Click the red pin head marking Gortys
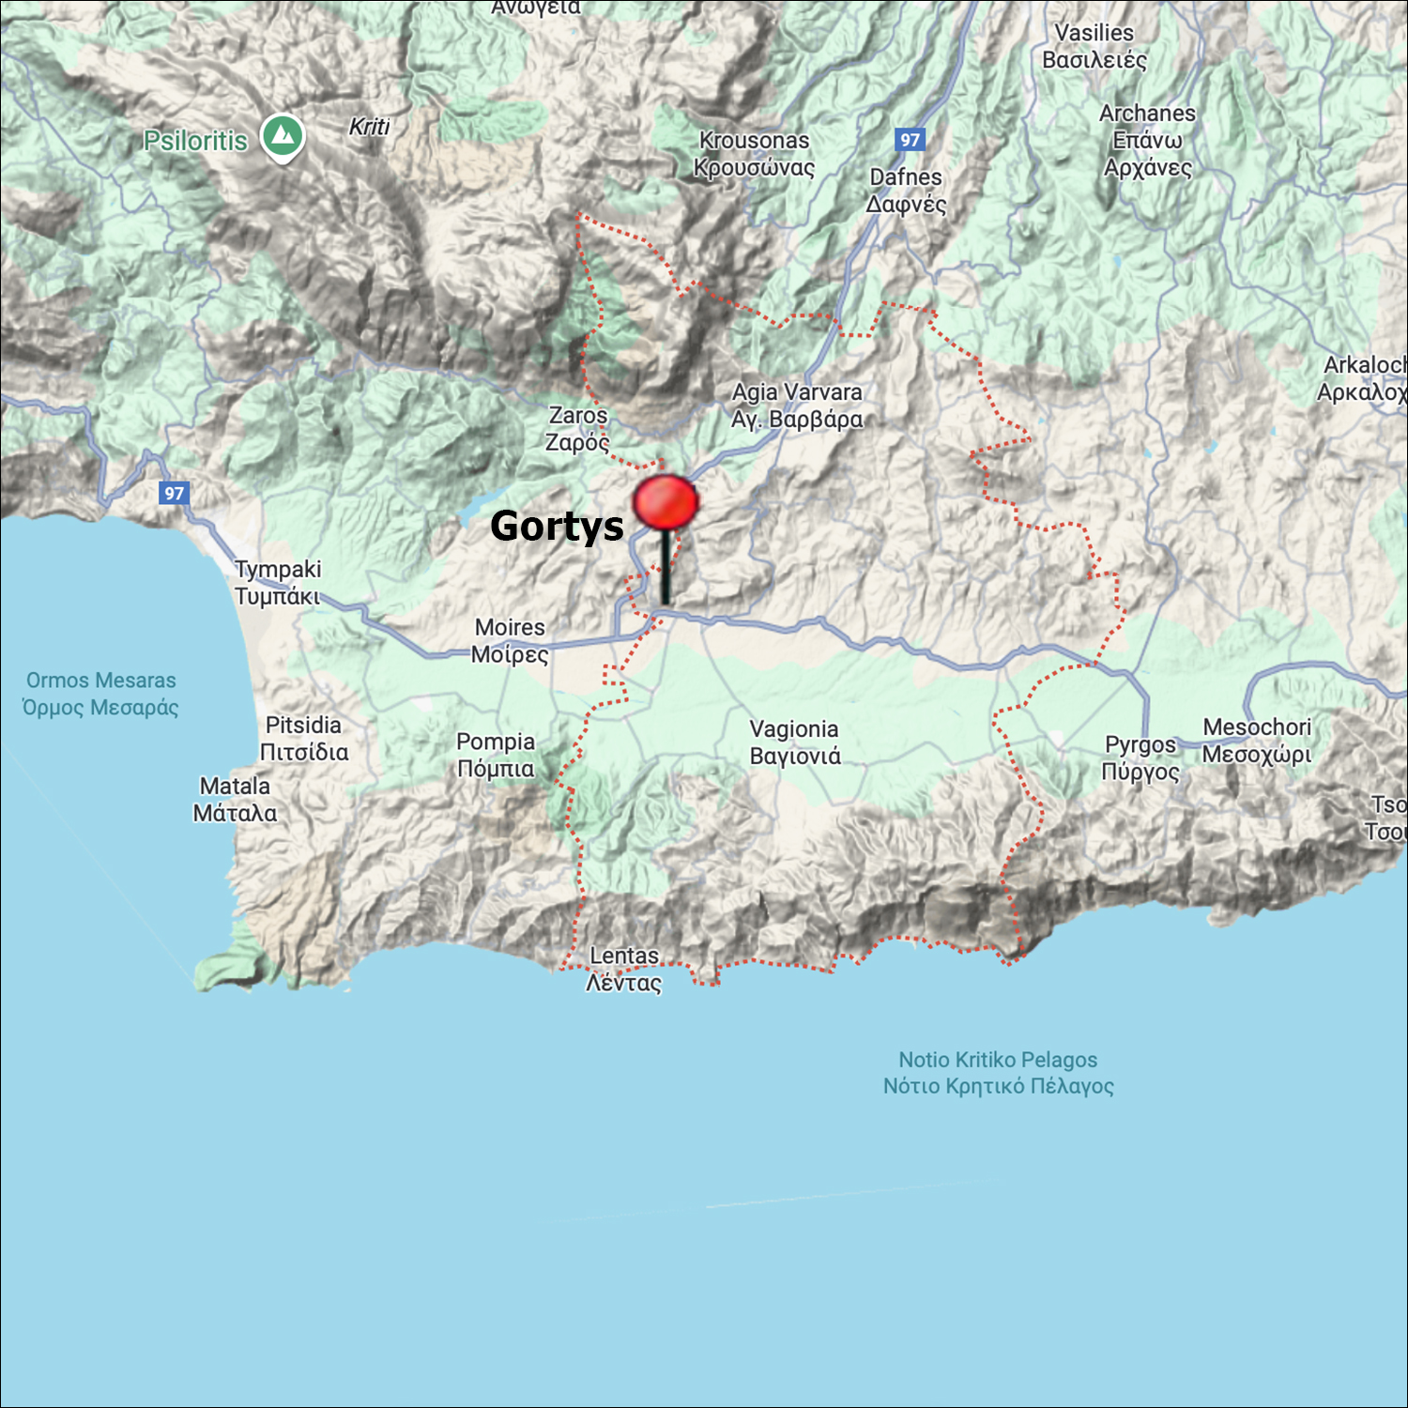point(666,501)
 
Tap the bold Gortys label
point(557,526)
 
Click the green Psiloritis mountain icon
point(283,136)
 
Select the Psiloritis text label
point(195,141)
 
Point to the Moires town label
point(510,640)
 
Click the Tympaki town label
point(278,582)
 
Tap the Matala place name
point(235,799)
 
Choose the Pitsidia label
point(304,738)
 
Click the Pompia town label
point(496,755)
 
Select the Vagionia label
point(794,742)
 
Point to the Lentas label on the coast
point(624,969)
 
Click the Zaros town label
point(578,428)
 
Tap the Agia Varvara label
point(797,405)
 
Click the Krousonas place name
point(754,153)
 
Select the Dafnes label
point(906,190)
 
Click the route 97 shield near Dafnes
point(910,140)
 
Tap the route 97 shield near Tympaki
point(175,493)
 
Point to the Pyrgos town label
point(1140,758)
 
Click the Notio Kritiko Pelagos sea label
point(998,1072)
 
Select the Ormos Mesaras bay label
point(100,693)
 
